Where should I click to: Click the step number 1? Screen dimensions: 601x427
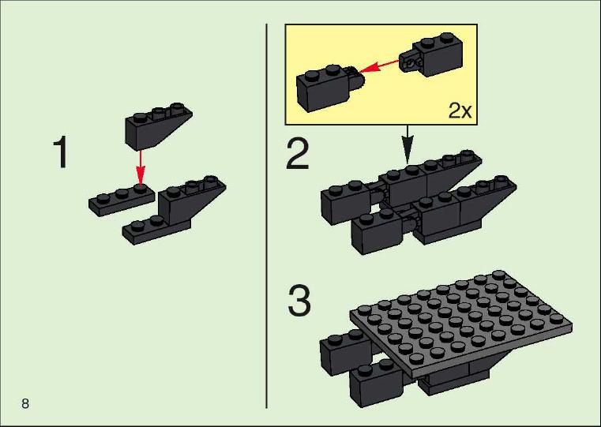click(x=61, y=152)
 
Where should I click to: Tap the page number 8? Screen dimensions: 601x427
click(x=25, y=403)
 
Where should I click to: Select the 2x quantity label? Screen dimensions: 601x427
click(x=460, y=110)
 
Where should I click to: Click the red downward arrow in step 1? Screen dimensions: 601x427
click(x=141, y=168)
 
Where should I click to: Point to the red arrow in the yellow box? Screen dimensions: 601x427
click(x=379, y=66)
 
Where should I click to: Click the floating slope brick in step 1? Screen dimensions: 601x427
click(x=159, y=126)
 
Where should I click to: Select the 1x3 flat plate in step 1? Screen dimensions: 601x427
click(x=122, y=200)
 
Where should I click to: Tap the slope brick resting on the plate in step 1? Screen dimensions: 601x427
click(x=192, y=201)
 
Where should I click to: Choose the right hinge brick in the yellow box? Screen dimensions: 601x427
click(x=432, y=54)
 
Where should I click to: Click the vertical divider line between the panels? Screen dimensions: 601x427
click(x=266, y=215)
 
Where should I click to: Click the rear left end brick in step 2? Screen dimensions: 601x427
click(x=344, y=203)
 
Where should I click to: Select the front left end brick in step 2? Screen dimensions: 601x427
click(x=377, y=232)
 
